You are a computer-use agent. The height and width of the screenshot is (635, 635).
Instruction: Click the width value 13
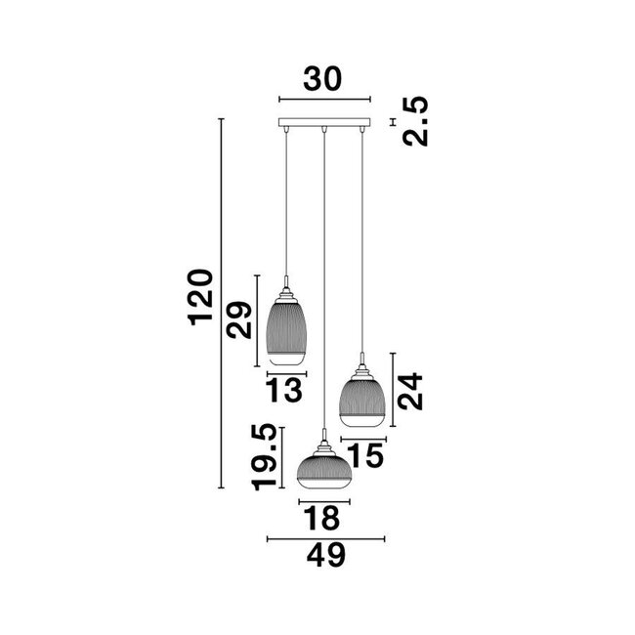click(x=284, y=393)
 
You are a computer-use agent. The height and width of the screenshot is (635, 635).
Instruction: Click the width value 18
click(x=321, y=518)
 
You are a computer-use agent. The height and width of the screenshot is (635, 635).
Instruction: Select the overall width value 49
click(x=325, y=556)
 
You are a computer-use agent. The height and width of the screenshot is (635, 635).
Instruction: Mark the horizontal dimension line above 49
click(x=325, y=536)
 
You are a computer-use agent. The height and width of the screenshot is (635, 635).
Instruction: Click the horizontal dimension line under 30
click(x=324, y=99)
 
